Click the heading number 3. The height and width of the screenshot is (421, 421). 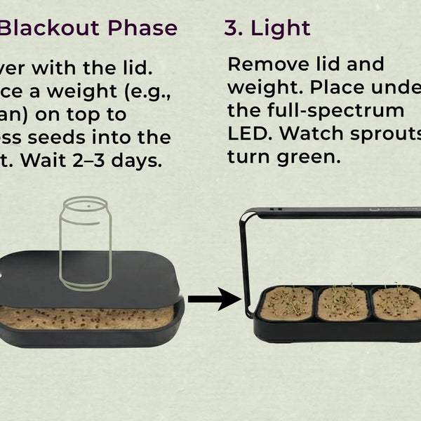232,28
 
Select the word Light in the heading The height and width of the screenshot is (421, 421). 280,28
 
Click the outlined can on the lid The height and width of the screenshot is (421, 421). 86,246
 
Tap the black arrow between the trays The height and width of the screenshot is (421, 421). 214,299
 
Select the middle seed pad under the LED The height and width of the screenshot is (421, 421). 343,302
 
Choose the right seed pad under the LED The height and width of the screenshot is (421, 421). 397,302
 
